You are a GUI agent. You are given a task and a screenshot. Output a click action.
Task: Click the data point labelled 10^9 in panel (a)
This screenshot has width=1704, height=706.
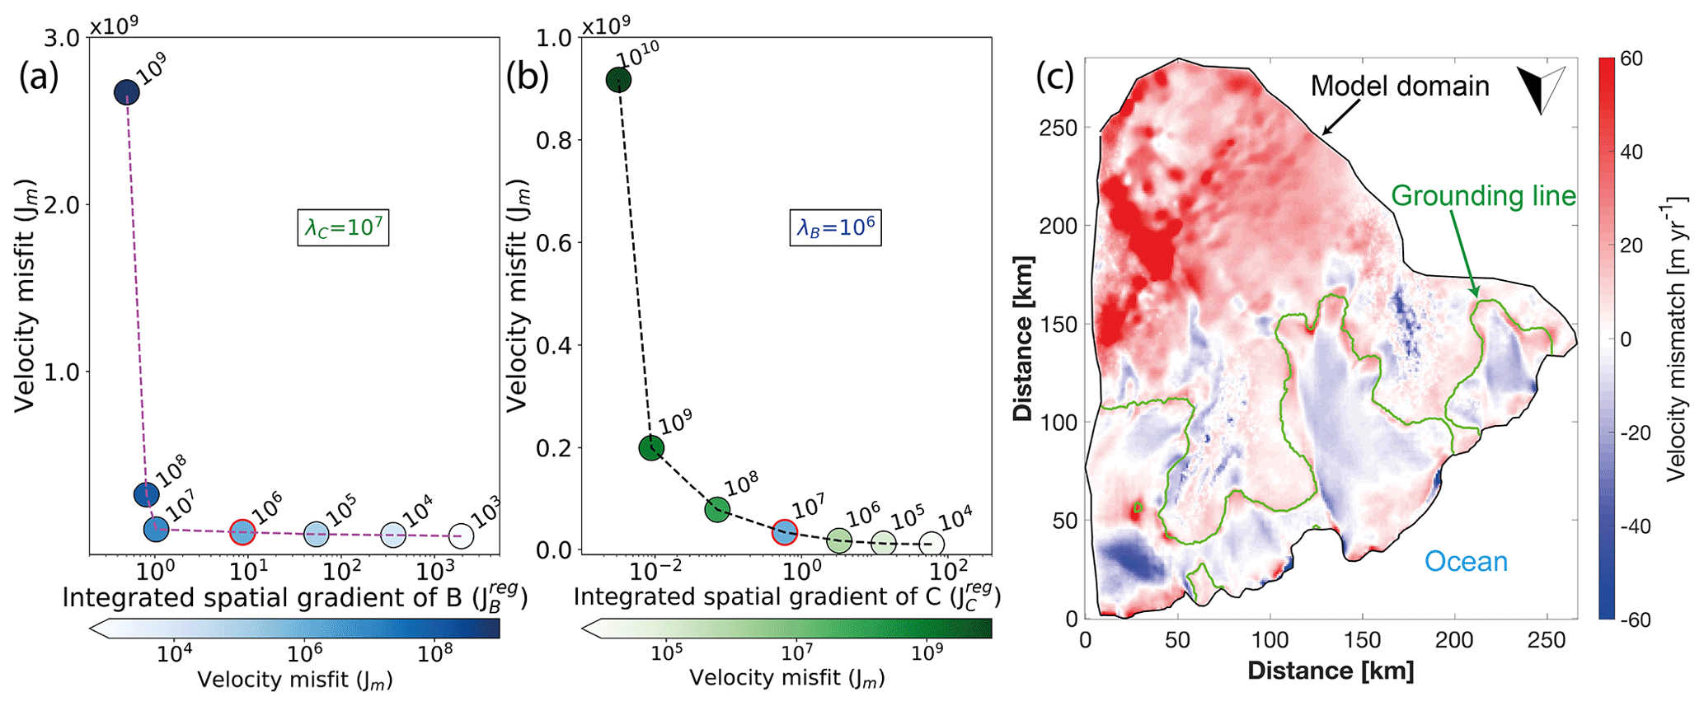pos(126,92)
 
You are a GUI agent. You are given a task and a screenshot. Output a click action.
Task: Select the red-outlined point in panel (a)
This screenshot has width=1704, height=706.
pos(242,532)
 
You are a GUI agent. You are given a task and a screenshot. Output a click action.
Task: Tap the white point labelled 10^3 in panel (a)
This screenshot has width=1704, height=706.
pos(462,536)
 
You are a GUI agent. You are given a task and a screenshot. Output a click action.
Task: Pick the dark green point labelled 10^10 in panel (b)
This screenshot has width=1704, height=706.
pos(618,80)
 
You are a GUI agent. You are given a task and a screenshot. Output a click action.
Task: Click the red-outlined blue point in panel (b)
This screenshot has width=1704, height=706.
pos(784,531)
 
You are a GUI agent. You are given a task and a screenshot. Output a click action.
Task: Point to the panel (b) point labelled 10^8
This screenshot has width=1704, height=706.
pos(717,509)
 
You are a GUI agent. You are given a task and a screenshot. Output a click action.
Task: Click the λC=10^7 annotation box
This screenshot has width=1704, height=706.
pos(343,227)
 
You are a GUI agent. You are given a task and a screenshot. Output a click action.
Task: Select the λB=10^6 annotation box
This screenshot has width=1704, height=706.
pos(835,227)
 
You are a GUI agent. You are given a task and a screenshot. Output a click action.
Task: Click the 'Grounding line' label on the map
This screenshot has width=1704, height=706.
pos(1483,196)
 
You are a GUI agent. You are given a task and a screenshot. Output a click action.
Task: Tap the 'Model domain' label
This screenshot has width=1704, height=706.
pos(1400,86)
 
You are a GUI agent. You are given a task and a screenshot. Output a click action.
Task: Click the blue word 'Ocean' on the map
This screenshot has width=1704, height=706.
pos(1466,562)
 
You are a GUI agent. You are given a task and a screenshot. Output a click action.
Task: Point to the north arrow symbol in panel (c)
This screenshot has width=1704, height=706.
pos(1540,89)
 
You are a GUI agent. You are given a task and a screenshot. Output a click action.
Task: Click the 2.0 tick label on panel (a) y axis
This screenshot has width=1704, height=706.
pos(59,205)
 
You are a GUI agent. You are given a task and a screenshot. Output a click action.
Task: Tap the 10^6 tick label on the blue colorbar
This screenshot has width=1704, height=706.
pos(305,653)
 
